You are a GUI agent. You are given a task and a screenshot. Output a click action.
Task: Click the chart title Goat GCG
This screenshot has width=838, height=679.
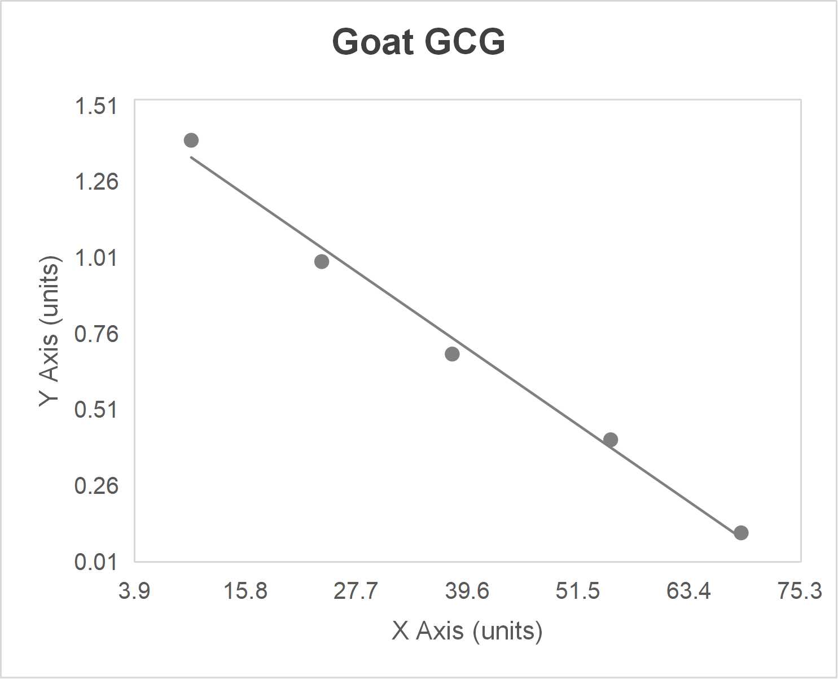(418, 42)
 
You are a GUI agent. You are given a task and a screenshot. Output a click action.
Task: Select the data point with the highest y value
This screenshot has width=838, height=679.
(191, 140)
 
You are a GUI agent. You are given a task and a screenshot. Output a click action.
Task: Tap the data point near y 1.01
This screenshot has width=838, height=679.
(322, 261)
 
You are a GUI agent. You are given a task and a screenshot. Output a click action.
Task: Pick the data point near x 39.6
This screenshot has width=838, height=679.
(452, 354)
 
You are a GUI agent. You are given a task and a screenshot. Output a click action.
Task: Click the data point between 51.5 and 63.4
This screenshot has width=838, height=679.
(611, 440)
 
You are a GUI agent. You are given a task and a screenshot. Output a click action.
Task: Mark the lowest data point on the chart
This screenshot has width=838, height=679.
(741, 532)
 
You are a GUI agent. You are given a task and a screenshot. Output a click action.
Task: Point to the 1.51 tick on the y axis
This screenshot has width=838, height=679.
(96, 106)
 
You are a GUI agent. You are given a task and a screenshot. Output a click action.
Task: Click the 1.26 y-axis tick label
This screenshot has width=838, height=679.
(96, 181)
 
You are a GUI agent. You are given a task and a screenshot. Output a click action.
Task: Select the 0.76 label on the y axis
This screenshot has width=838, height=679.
(96, 334)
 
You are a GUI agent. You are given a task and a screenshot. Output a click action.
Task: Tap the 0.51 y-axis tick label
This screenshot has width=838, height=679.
(96, 409)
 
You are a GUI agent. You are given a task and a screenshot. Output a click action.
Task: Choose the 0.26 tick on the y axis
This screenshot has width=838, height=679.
(96, 485)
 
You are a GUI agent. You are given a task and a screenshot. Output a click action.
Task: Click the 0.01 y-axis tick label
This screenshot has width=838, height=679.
(96, 562)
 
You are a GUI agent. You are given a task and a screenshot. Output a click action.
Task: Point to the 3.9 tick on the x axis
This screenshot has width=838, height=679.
(134, 591)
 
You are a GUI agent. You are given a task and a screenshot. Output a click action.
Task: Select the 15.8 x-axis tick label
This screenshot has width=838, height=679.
(245, 591)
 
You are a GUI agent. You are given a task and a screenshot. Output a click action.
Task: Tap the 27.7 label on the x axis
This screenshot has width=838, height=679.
(356, 591)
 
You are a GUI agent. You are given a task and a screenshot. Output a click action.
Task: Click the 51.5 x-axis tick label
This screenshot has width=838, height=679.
(578, 591)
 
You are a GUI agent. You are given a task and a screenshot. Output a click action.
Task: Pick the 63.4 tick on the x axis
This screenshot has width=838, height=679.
(689, 591)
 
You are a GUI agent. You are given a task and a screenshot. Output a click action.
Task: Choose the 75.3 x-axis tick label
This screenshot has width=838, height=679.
(800, 591)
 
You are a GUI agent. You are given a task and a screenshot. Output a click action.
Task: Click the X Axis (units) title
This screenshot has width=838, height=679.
(467, 630)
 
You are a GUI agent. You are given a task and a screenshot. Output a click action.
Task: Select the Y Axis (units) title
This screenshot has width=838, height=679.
(50, 331)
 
